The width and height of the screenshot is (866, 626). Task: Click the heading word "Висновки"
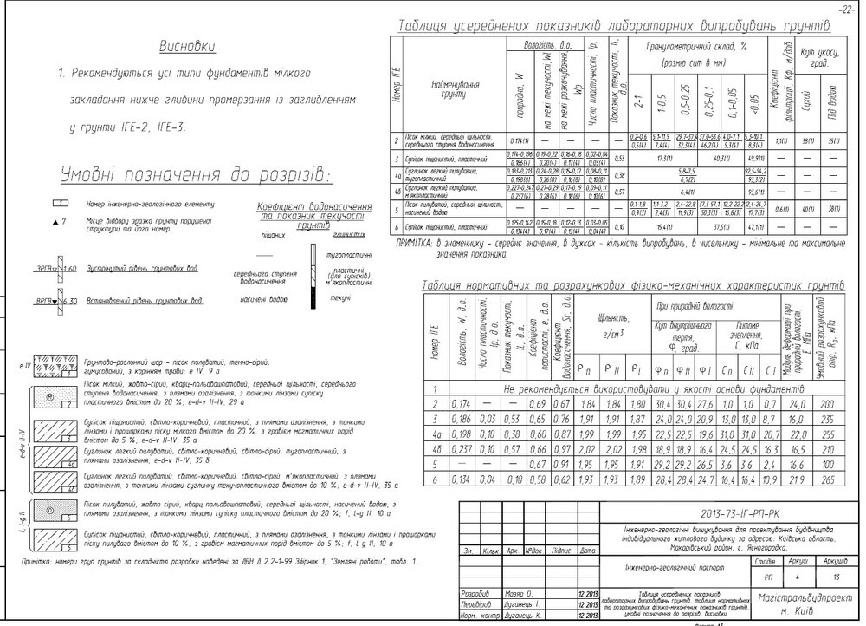tap(186, 45)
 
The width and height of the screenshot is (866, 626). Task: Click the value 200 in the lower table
tap(828, 402)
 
